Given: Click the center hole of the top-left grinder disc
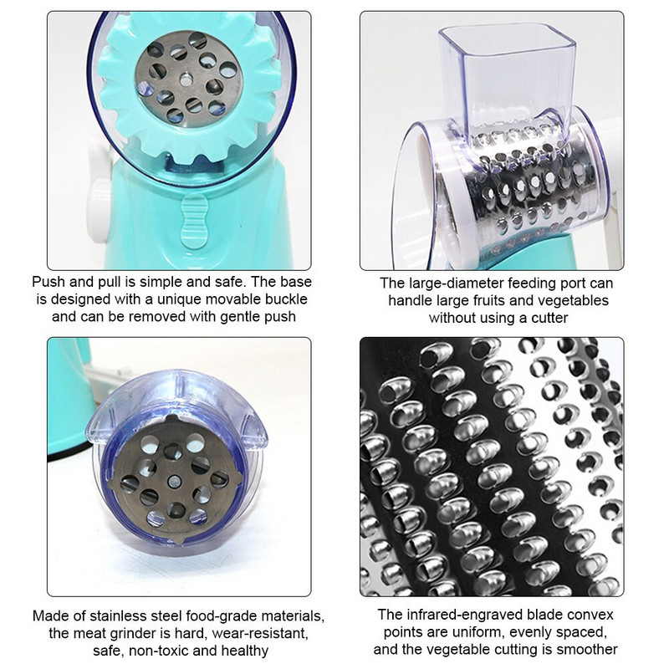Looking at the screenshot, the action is (x=186, y=79).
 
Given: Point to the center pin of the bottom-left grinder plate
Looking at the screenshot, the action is (x=173, y=482).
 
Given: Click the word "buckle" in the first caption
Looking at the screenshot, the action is (x=286, y=299).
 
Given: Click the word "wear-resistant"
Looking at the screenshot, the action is (x=260, y=634).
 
